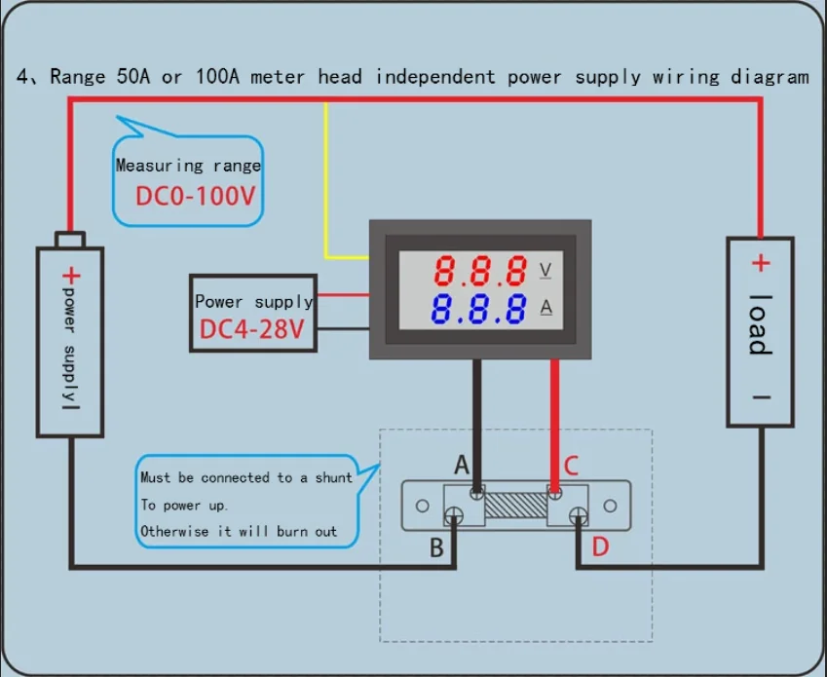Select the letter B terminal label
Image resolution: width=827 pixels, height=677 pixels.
pyautogui.click(x=437, y=547)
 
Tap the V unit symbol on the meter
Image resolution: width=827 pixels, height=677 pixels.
pyautogui.click(x=545, y=269)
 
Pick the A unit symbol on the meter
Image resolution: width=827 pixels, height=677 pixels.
pyautogui.click(x=546, y=308)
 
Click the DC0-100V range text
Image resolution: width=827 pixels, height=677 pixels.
pyautogui.click(x=195, y=196)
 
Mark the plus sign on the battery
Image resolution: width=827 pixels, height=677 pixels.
pyautogui.click(x=69, y=275)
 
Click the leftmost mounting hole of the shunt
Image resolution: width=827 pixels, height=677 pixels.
pyautogui.click(x=422, y=507)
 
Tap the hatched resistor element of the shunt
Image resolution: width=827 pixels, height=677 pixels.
pyautogui.click(x=516, y=505)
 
